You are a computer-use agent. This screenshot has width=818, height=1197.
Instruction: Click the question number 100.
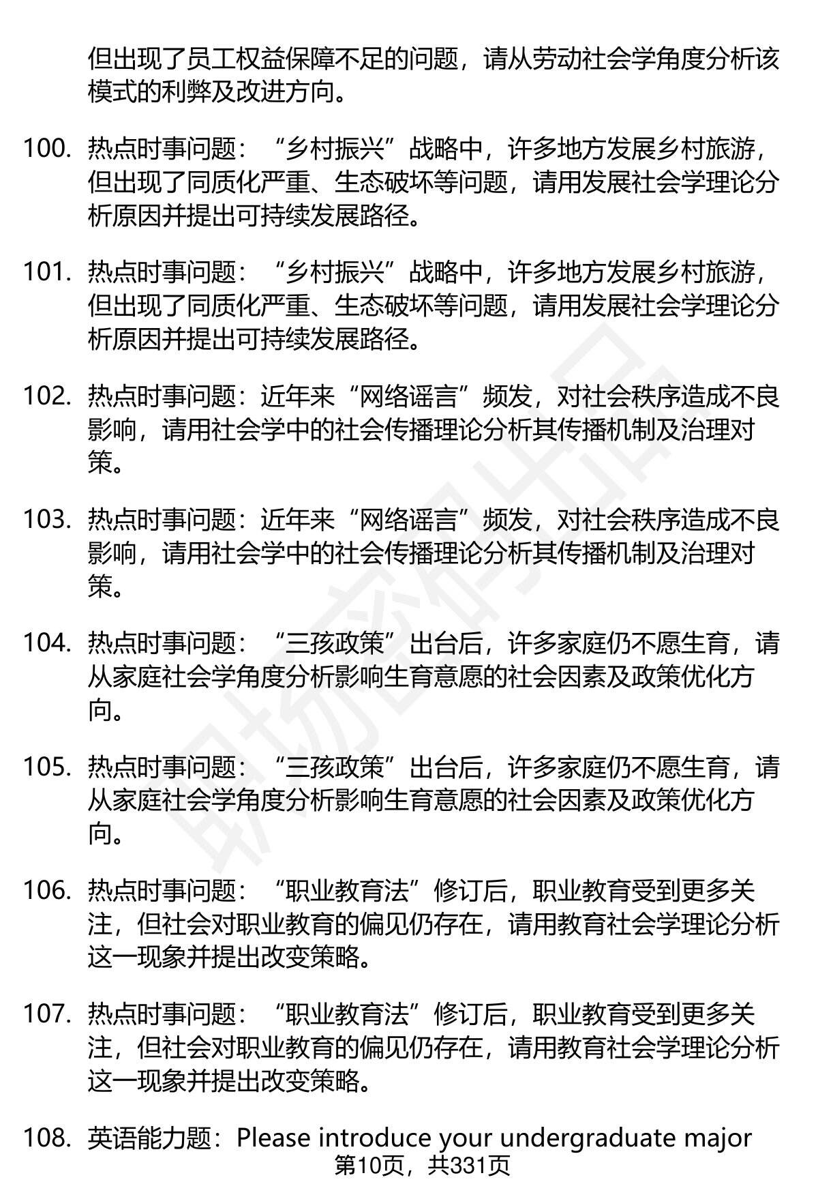(x=47, y=149)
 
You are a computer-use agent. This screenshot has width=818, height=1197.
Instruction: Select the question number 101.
(x=47, y=273)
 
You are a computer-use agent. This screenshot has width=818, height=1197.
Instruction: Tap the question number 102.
(x=47, y=396)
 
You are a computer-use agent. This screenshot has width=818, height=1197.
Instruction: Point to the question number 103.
(x=47, y=520)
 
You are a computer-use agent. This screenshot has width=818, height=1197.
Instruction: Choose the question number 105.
(x=47, y=767)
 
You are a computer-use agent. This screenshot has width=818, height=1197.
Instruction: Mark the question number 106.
(x=47, y=891)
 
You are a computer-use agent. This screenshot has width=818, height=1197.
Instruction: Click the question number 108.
(x=47, y=1138)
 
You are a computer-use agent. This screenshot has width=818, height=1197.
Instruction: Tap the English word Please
(x=275, y=1138)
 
